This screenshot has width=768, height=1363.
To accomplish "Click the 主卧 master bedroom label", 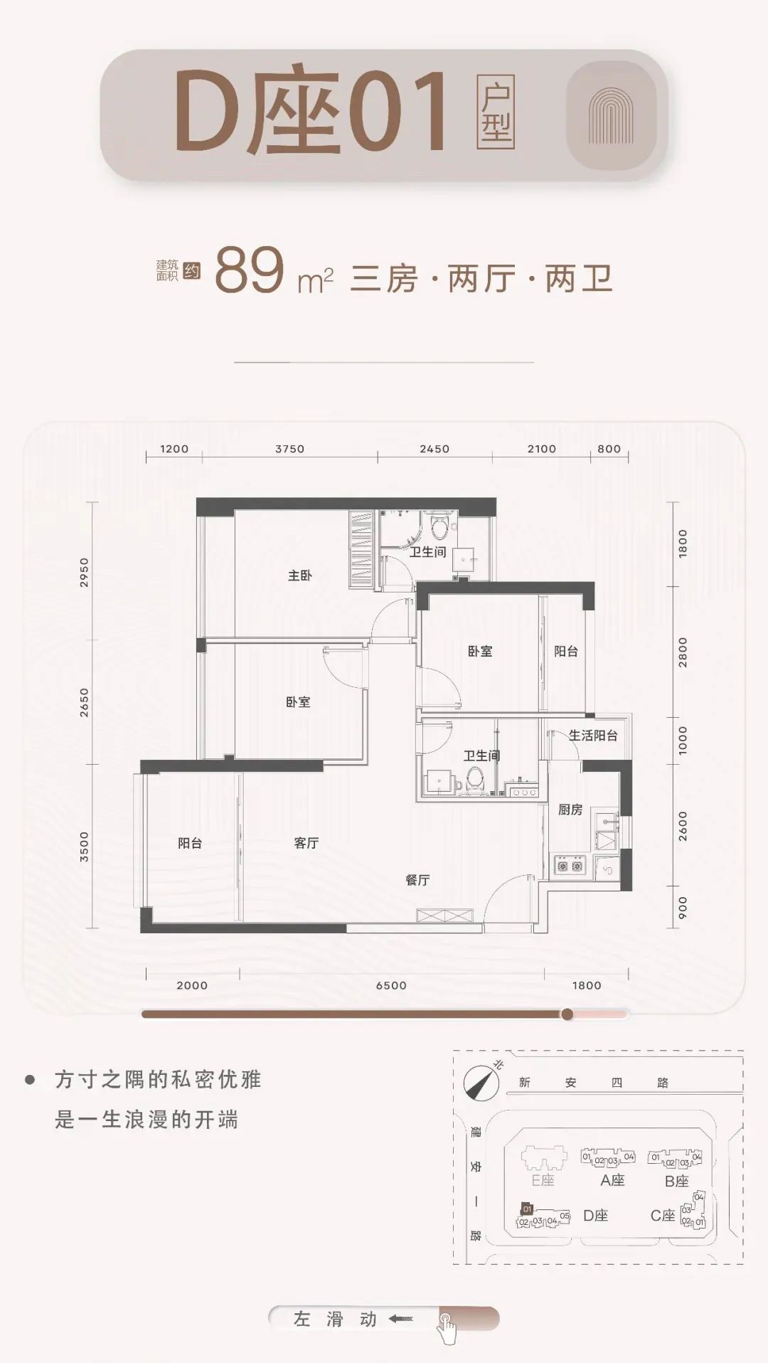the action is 299,576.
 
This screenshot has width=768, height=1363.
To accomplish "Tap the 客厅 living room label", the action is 306,843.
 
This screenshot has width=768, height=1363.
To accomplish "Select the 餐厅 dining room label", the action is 417,880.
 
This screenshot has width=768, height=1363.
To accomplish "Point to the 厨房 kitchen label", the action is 570,810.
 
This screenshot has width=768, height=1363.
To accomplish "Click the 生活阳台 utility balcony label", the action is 593,736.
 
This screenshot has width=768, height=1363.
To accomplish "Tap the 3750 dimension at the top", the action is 289,449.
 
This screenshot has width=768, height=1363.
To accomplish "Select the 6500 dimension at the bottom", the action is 391,985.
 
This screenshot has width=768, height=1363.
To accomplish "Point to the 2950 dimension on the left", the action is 85,572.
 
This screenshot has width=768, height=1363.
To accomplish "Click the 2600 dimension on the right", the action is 683,826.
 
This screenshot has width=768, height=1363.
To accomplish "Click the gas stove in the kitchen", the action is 570,866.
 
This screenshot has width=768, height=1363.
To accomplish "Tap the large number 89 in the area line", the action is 249,271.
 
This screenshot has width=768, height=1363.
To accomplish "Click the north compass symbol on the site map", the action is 477,1081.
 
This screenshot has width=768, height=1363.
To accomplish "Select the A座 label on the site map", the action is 612,1180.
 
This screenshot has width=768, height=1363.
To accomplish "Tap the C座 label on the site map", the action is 663,1216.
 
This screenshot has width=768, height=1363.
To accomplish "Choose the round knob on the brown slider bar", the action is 567,1014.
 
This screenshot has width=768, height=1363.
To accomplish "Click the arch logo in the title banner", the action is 611,115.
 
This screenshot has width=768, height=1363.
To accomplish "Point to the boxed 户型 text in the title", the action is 496,112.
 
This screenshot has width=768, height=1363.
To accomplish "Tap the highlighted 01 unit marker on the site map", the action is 527,1209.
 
